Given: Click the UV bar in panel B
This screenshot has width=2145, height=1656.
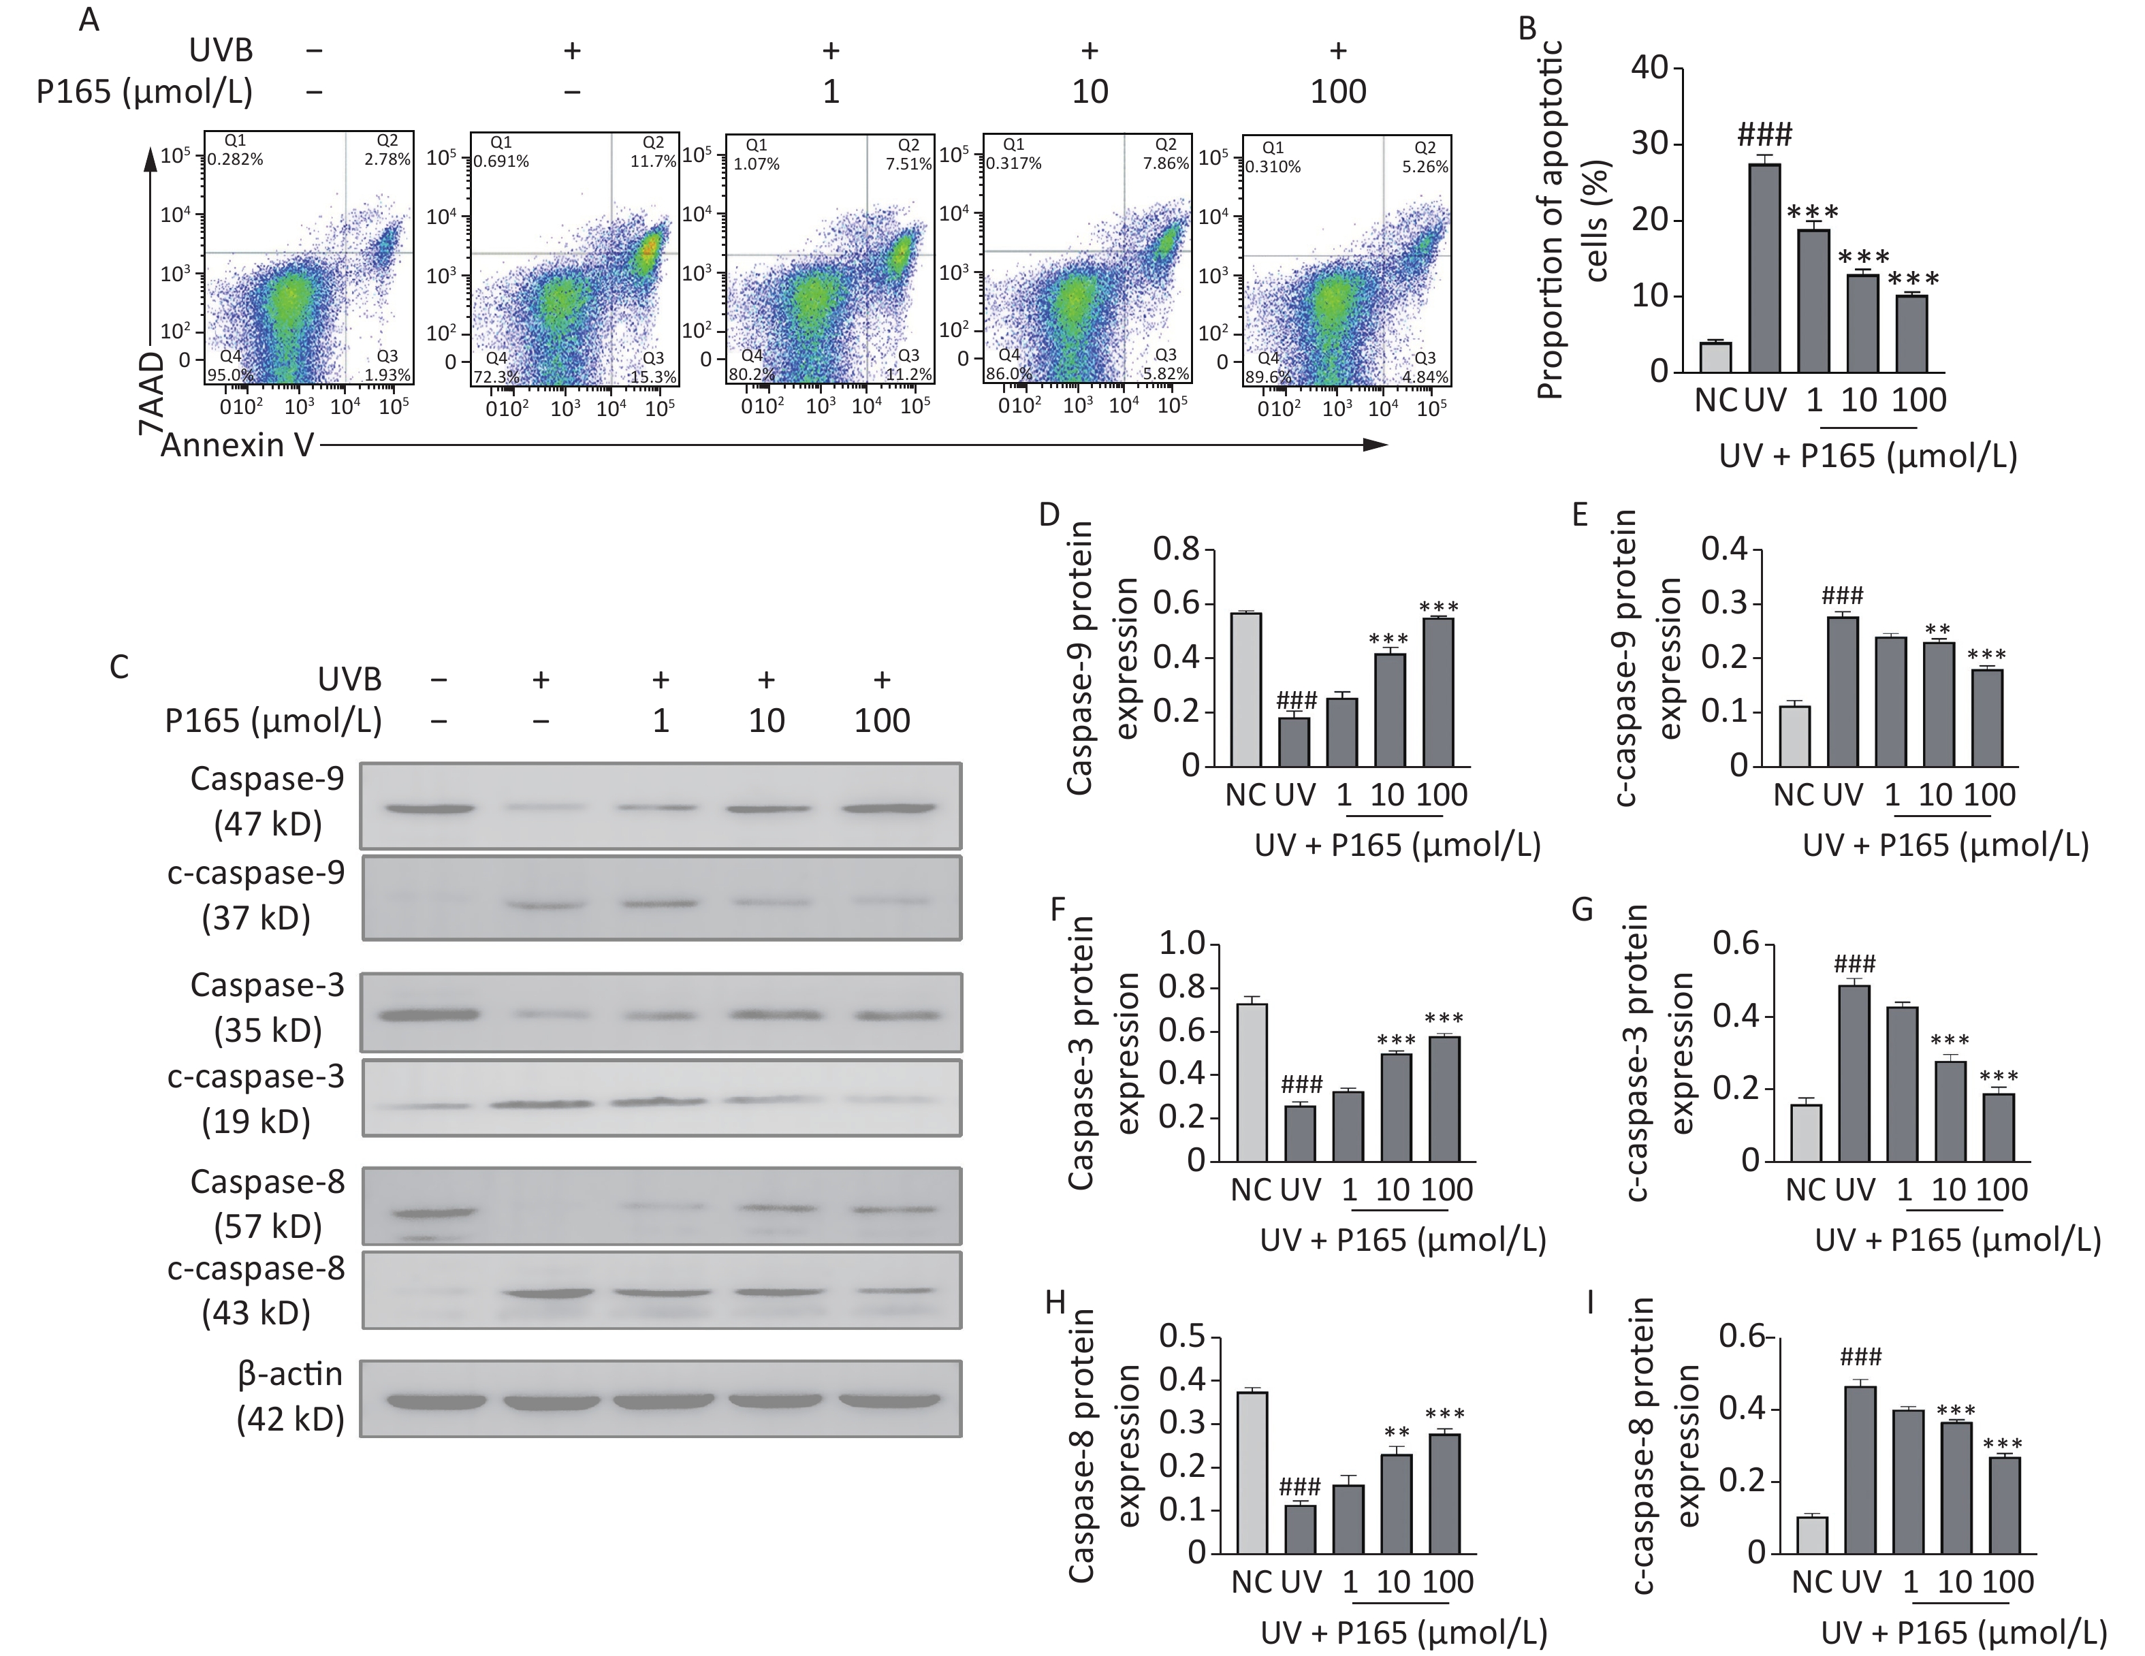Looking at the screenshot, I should (1765, 267).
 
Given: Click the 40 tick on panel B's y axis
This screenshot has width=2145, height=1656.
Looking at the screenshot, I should (1650, 69).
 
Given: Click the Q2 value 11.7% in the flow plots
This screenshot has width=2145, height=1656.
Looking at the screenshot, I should (653, 161).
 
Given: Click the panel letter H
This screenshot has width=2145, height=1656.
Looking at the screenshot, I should (1055, 1303).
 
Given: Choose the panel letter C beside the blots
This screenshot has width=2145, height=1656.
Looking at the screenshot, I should (119, 668).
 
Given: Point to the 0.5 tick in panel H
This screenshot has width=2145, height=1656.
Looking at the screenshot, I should (1183, 1337).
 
